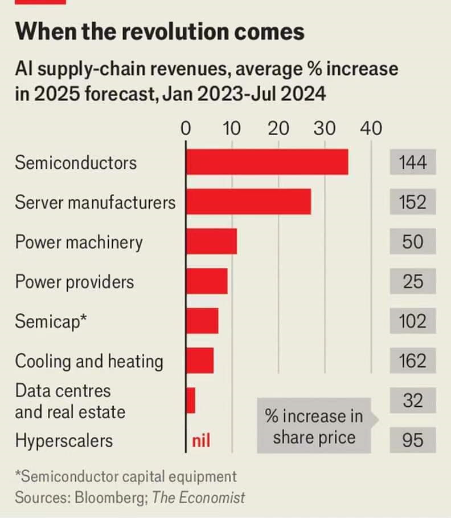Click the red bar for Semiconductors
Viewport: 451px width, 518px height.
(x=266, y=162)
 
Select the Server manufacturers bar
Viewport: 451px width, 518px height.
(x=248, y=202)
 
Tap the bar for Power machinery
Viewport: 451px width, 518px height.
(x=211, y=241)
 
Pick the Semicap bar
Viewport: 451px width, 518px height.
(x=202, y=321)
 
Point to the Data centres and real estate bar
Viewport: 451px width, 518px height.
(x=191, y=400)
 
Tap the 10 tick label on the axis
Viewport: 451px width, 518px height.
(x=231, y=128)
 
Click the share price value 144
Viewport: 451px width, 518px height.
(x=412, y=163)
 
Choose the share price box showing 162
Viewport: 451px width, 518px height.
(x=412, y=361)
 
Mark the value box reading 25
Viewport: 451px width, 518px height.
(x=412, y=281)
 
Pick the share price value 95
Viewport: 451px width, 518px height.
(x=412, y=440)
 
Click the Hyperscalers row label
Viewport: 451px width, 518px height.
(x=64, y=440)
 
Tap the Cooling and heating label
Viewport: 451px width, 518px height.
(x=89, y=361)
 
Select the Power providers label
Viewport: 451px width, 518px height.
(x=75, y=282)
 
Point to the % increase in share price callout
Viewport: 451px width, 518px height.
(x=314, y=427)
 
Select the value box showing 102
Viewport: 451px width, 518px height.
(x=412, y=321)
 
